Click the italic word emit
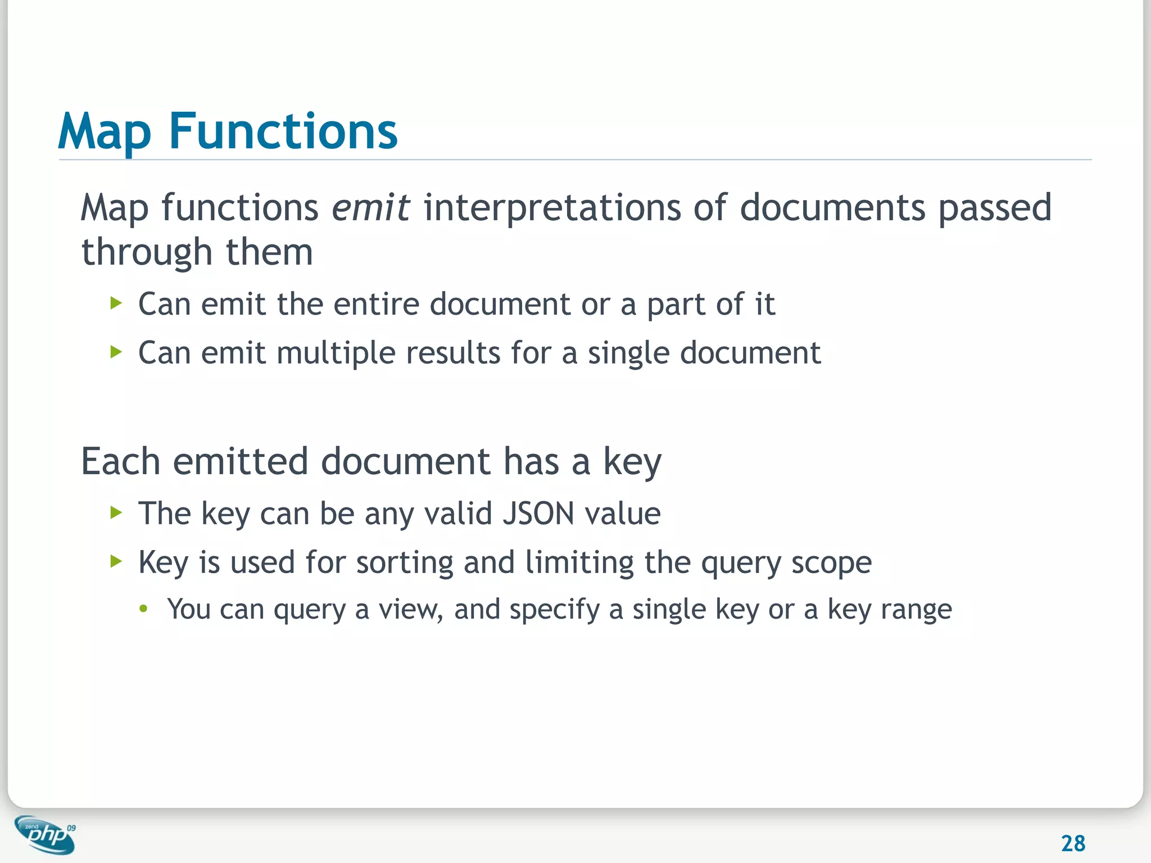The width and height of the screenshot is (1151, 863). (x=370, y=207)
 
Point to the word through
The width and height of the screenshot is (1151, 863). (x=146, y=253)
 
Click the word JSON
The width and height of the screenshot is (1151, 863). (x=538, y=514)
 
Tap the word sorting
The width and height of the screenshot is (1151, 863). (x=405, y=563)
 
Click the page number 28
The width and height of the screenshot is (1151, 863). (x=1073, y=843)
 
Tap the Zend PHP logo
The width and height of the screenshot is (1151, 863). (x=46, y=834)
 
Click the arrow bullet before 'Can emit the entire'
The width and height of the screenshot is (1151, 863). (x=116, y=304)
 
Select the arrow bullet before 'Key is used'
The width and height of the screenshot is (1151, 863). (x=116, y=561)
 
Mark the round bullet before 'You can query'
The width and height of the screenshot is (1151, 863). (x=144, y=608)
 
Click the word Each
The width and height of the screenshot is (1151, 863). (x=121, y=462)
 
